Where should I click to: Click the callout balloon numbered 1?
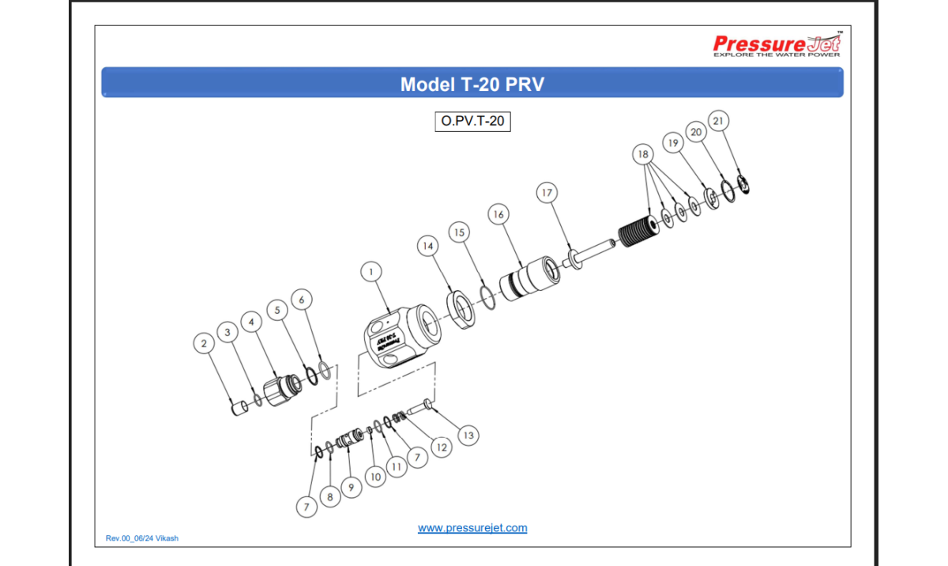tap(371, 271)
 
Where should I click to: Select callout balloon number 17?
tap(547, 192)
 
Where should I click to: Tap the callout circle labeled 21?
tap(718, 121)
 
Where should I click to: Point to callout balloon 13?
tap(468, 435)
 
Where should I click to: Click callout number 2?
tap(205, 343)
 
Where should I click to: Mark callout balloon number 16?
tap(498, 214)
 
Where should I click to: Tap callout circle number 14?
tap(428, 247)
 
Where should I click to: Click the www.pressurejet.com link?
tap(472, 528)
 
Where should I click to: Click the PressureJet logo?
tap(777, 45)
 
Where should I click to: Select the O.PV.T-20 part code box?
tap(472, 122)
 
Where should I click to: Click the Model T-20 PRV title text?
tap(472, 84)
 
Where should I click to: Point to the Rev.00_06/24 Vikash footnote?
tap(142, 538)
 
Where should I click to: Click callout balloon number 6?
tap(301, 299)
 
